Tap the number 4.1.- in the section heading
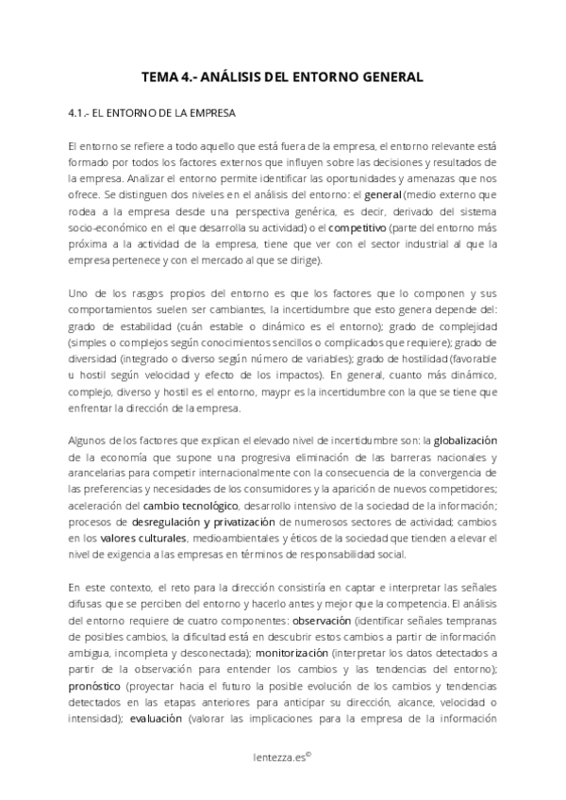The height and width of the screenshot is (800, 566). (x=82, y=113)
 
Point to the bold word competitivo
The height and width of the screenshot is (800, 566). (x=357, y=227)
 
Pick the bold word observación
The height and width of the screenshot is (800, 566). (x=322, y=623)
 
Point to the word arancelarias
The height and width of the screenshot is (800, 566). (x=100, y=474)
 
